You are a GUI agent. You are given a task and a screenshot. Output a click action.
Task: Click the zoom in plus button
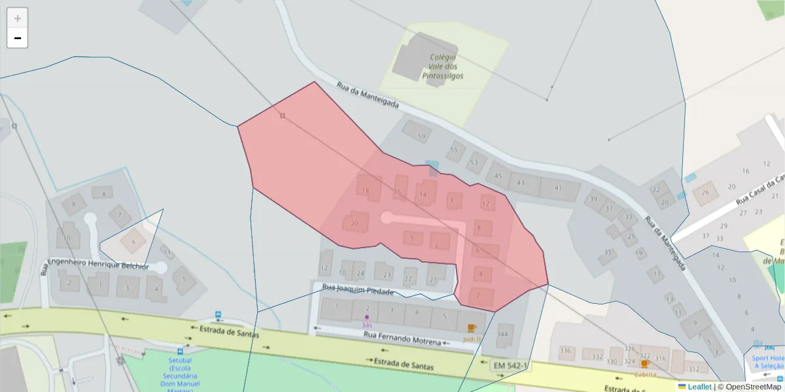click(x=18, y=18)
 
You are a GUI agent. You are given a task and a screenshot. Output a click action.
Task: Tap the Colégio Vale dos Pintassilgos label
click(x=443, y=67)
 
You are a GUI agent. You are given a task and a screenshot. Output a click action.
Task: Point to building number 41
click(x=558, y=188)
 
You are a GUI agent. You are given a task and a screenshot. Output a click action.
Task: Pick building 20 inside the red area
click(x=355, y=223)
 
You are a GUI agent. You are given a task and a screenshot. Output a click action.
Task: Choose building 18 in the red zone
click(x=366, y=191)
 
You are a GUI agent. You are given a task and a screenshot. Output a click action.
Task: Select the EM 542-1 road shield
click(x=510, y=366)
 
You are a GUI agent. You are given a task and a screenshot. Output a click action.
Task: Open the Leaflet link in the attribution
click(x=699, y=387)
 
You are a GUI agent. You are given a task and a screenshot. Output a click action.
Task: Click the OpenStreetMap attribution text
click(x=749, y=387)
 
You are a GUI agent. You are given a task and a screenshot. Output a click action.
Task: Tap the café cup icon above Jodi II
click(x=470, y=328)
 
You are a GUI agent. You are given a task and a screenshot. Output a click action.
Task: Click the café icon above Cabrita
click(x=645, y=364)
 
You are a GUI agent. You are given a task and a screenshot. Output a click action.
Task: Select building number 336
click(x=565, y=350)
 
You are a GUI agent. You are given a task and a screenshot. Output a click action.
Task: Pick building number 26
click(x=705, y=193)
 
